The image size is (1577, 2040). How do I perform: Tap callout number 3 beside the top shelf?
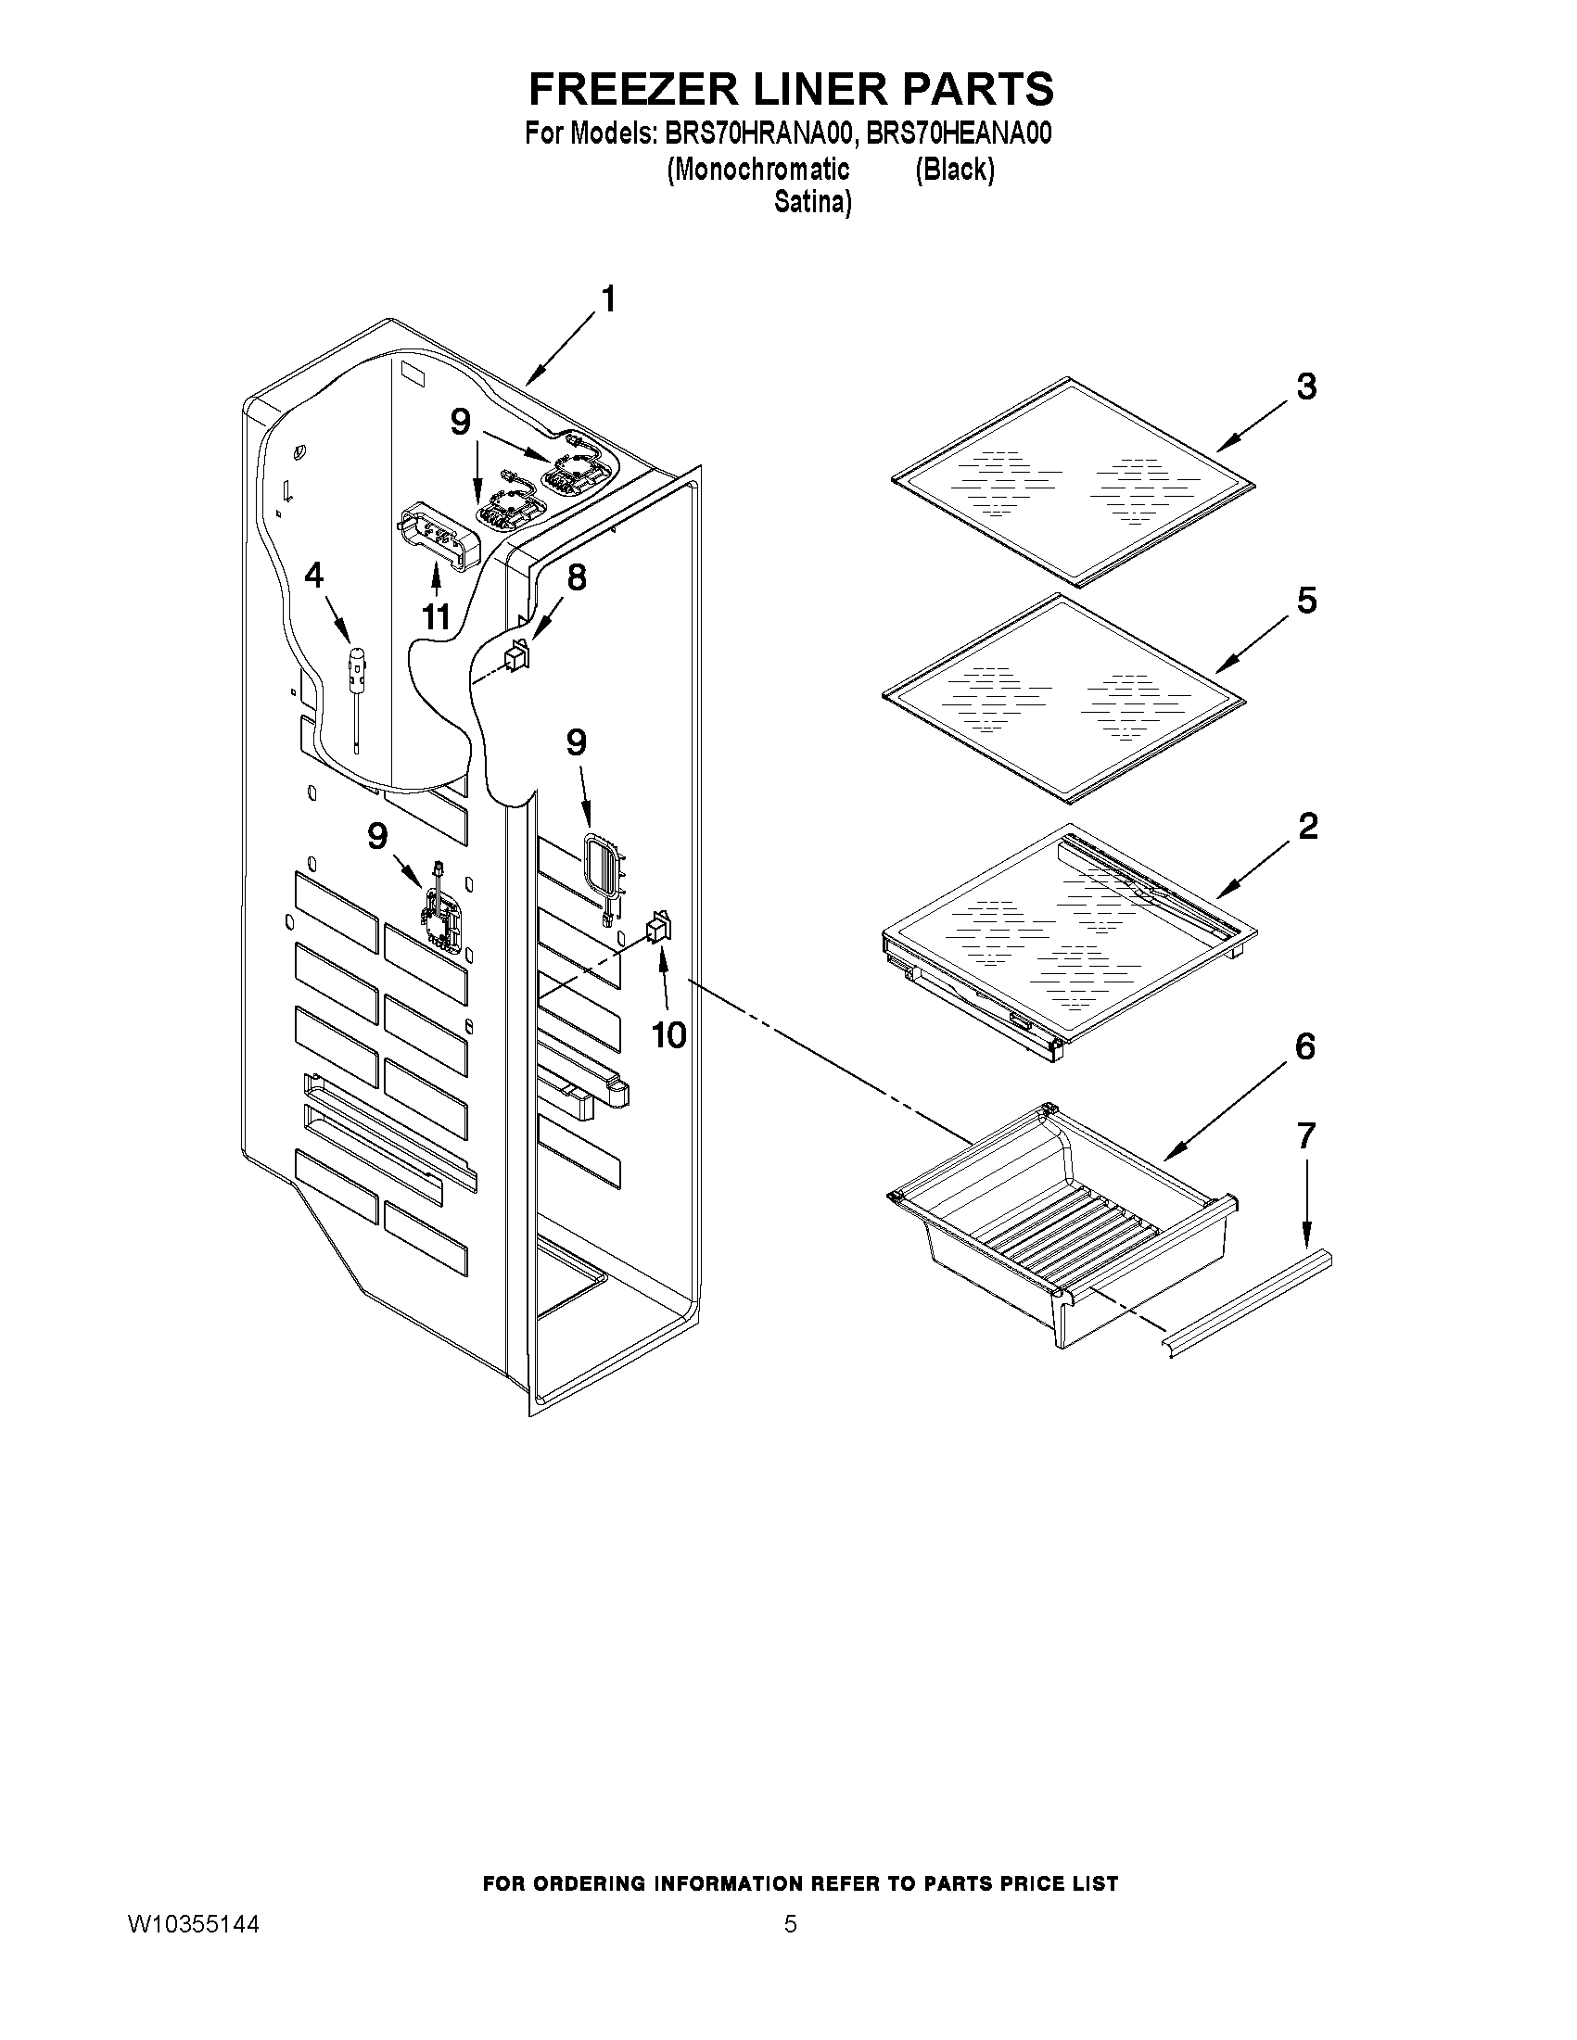[1306, 386]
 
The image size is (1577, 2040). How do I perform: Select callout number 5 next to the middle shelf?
[1306, 600]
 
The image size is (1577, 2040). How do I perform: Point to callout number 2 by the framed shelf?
[1308, 826]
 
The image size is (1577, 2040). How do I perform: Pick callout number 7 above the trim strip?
[1306, 1134]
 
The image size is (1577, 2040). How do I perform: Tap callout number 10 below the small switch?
[669, 1034]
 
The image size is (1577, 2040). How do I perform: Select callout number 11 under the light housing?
[437, 616]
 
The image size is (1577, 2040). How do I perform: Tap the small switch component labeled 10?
[658, 928]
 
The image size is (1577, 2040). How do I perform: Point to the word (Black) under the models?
[954, 169]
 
